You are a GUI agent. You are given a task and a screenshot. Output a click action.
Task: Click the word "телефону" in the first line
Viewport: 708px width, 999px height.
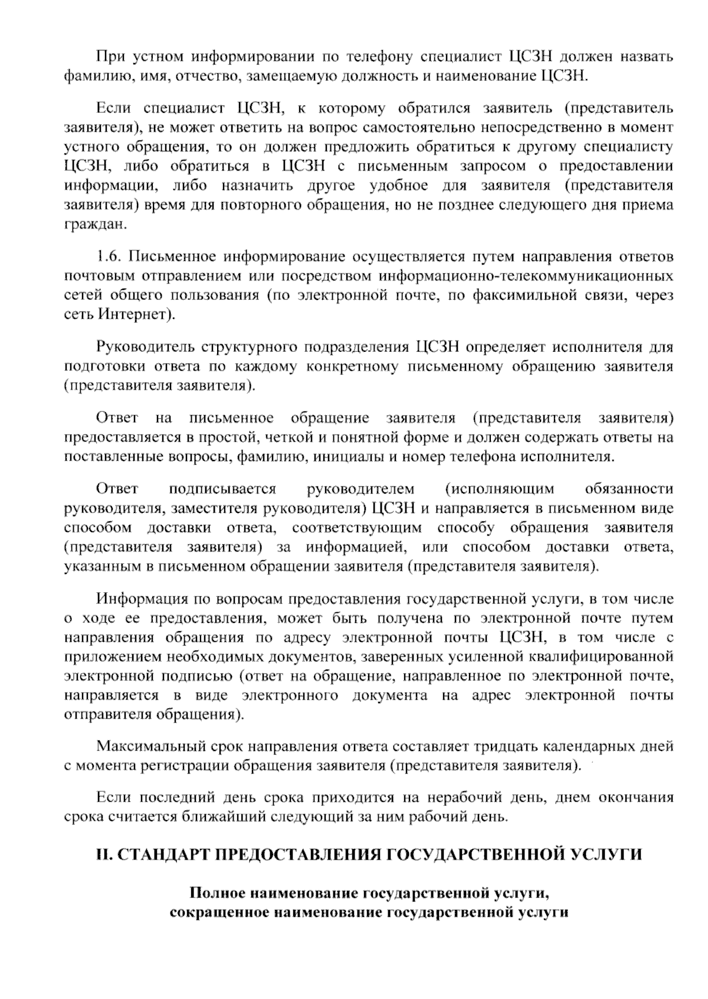pyautogui.click(x=378, y=57)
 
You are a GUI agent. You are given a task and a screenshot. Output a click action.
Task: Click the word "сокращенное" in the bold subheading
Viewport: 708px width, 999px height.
pyautogui.click(x=211, y=913)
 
